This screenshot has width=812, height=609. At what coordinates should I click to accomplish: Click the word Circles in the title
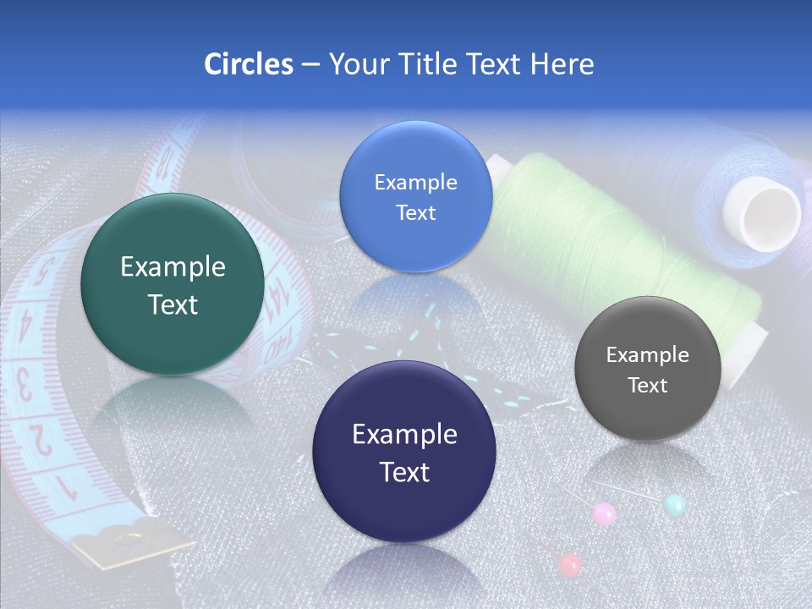tap(249, 64)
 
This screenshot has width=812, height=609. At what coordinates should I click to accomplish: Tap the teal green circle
tap(173, 285)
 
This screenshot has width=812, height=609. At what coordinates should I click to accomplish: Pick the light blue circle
tap(415, 196)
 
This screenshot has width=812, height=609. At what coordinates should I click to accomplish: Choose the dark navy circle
tap(403, 452)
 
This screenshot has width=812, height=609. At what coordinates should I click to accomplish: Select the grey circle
tap(647, 369)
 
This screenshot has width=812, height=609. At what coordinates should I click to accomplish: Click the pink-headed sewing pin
tap(604, 513)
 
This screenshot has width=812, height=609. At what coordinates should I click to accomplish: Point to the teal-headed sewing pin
tap(674, 505)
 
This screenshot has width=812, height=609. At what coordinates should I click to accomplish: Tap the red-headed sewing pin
tap(570, 564)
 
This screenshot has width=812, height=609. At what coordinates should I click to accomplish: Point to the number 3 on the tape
tap(25, 386)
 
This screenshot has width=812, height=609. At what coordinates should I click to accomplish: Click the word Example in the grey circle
tap(647, 355)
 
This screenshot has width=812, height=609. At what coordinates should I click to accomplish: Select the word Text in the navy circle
tap(404, 471)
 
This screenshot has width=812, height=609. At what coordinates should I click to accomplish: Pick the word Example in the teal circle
tap(173, 267)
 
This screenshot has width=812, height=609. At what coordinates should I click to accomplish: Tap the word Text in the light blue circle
tap(415, 212)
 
